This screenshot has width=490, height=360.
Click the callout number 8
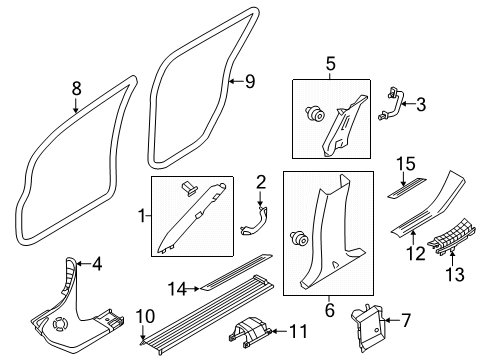[x=77, y=89]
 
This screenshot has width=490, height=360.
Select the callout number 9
[x=250, y=82]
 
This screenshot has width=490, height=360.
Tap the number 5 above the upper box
[x=330, y=64]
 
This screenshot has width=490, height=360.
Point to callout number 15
[x=406, y=164]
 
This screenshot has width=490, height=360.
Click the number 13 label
[x=455, y=275]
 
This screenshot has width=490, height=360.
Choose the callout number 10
[x=146, y=316]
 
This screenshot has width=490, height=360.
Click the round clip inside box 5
[x=315, y=113]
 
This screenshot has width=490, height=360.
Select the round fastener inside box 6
[x=299, y=237]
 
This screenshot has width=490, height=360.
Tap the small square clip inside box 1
[x=189, y=188]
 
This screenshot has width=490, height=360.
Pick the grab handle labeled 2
[x=254, y=222]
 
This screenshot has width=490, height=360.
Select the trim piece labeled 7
[x=367, y=327]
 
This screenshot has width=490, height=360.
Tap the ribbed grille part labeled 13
[x=452, y=239]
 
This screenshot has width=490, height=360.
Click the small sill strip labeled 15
[x=407, y=188]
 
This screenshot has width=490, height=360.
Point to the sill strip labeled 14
[x=236, y=272]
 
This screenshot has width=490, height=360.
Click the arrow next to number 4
[x=83, y=264]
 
